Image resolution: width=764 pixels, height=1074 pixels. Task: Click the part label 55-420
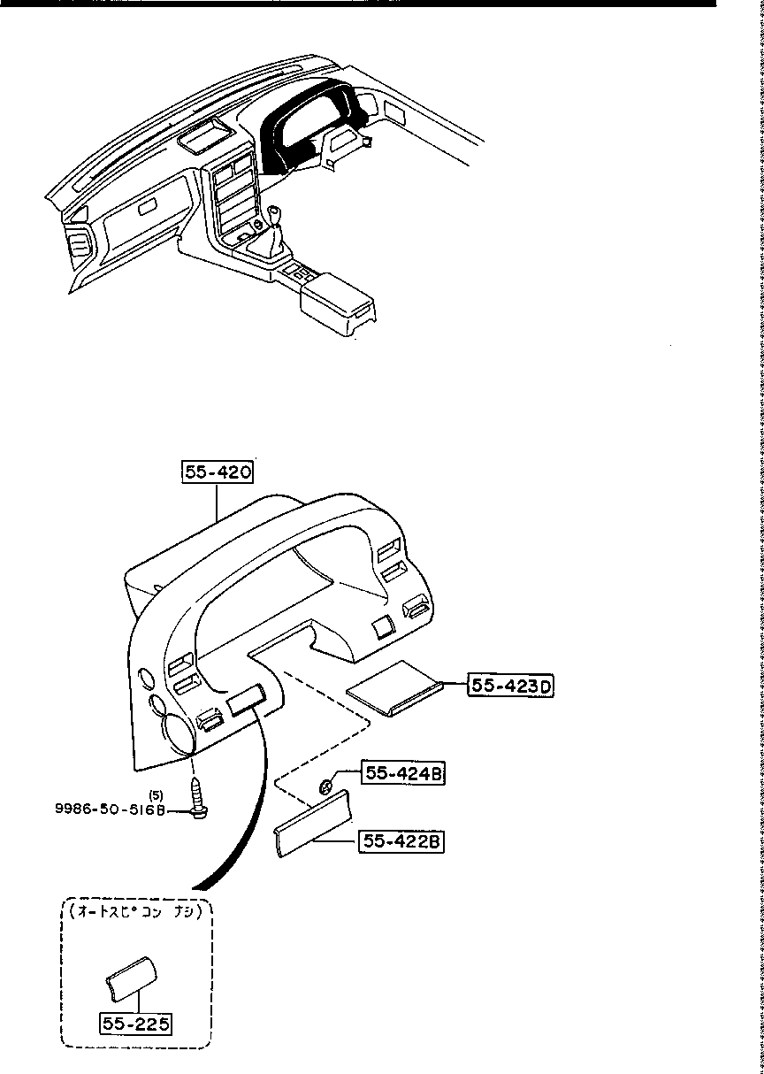tap(218, 473)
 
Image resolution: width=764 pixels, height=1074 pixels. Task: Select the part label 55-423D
tap(512, 686)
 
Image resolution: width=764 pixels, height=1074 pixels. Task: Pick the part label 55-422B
tap(401, 841)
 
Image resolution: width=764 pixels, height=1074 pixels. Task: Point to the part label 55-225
tap(135, 1024)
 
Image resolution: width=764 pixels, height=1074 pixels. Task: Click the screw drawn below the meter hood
tap(196, 798)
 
